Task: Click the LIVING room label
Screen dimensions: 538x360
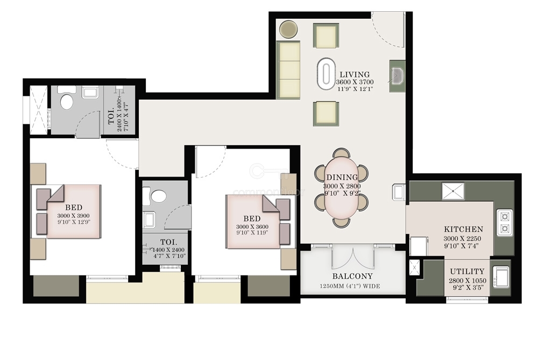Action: click(x=355, y=74)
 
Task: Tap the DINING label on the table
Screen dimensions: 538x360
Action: click(x=342, y=178)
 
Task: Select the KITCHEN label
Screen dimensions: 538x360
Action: click(x=464, y=229)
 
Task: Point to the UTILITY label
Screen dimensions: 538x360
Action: click(x=468, y=271)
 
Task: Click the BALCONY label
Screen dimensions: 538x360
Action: click(x=352, y=276)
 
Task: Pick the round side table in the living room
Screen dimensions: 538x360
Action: click(x=288, y=29)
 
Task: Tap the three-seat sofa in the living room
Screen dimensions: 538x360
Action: click(x=288, y=70)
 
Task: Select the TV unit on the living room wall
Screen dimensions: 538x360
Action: click(x=398, y=76)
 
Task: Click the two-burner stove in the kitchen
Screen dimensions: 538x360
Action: click(x=505, y=222)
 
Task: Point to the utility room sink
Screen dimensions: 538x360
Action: click(x=500, y=277)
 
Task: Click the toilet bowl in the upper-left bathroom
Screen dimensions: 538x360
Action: click(x=67, y=102)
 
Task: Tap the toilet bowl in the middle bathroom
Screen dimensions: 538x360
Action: click(x=159, y=196)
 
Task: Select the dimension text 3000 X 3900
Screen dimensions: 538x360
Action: click(x=73, y=216)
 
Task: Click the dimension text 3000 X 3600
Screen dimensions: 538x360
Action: click(x=252, y=227)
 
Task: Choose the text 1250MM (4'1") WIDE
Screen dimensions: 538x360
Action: click(x=350, y=286)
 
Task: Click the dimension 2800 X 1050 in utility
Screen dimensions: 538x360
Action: click(x=468, y=281)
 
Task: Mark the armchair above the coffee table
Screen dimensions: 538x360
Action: click(x=326, y=36)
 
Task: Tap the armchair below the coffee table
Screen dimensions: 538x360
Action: click(x=326, y=114)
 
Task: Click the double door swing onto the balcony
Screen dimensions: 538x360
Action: click(x=353, y=257)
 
